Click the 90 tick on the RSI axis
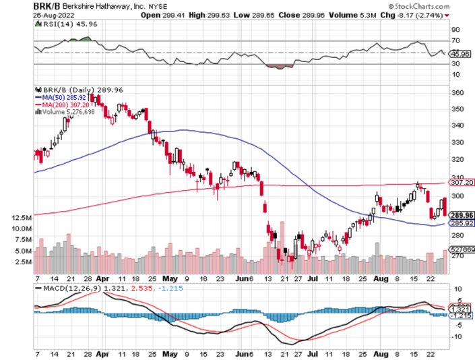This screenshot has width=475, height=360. [x=455, y=30]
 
